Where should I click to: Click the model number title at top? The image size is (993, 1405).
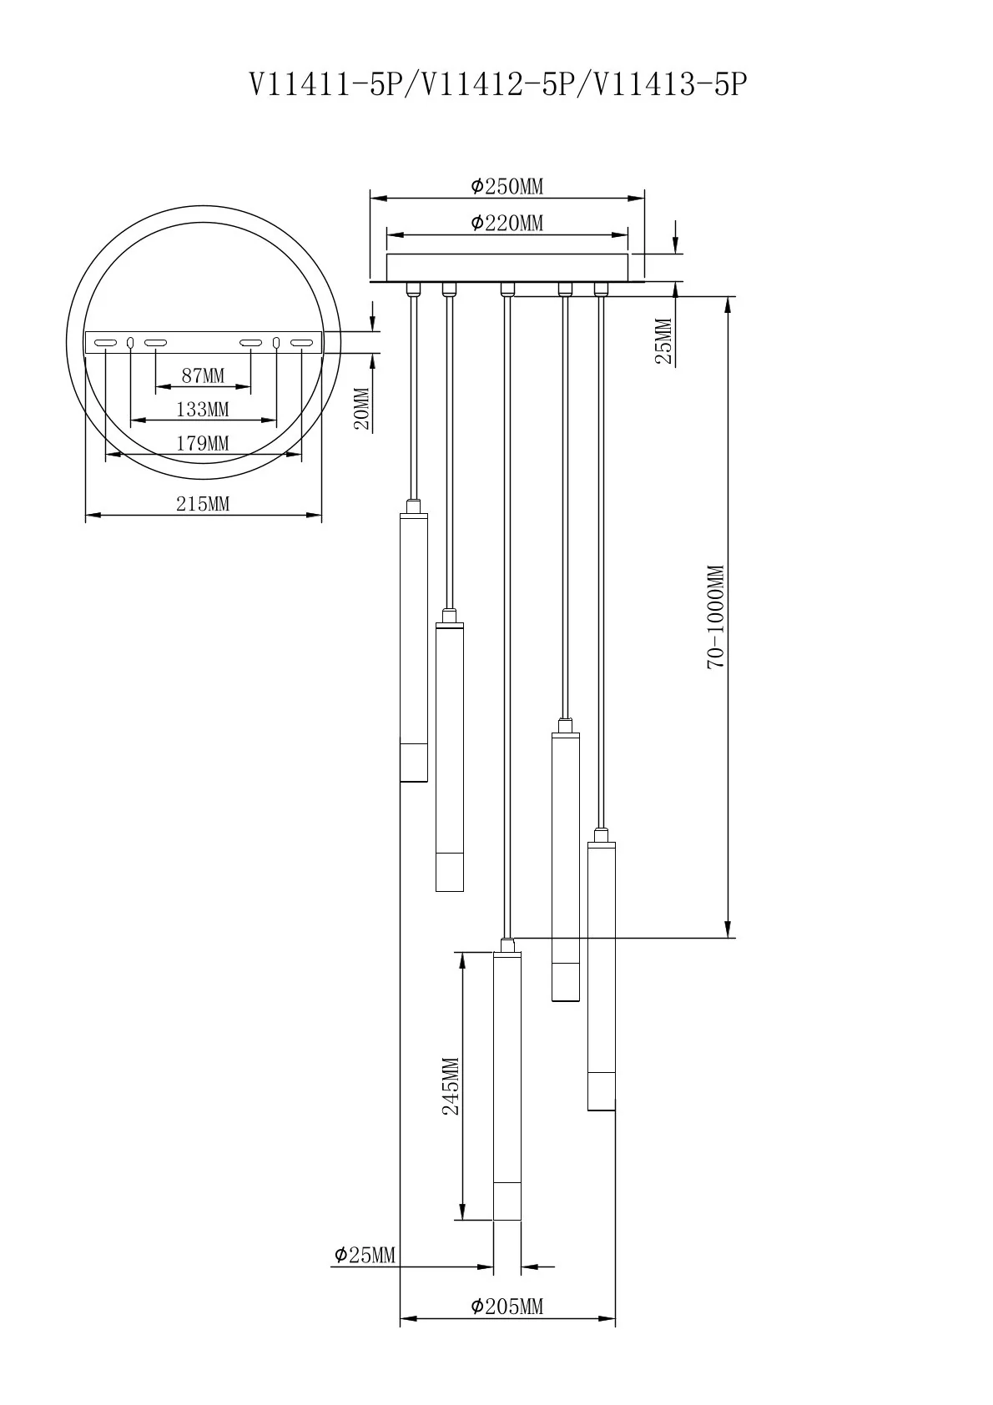496,84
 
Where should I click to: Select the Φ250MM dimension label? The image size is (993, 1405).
507,186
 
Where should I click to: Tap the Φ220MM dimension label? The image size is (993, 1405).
507,223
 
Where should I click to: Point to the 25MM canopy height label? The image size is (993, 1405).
664,340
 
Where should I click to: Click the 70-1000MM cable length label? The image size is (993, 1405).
717,617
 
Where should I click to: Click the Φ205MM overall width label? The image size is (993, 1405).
507,1306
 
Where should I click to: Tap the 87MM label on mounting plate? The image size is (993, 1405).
203,375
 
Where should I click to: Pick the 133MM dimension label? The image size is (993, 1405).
203,409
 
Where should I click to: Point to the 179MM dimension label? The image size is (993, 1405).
203,443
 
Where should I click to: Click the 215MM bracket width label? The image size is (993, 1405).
203,503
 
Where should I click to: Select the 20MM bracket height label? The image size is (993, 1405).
361,408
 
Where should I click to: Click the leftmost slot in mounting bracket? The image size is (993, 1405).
105,343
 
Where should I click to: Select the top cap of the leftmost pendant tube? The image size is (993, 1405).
414,506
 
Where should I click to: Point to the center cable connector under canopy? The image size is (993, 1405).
507,290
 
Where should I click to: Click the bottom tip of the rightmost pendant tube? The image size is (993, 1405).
602,1109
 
